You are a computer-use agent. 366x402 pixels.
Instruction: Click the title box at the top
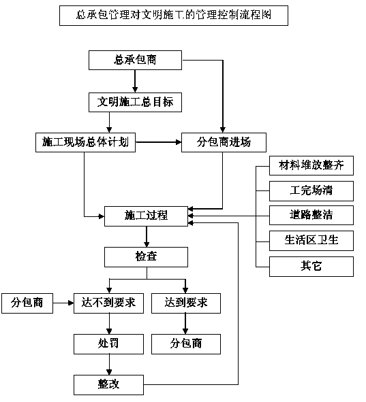[174, 16]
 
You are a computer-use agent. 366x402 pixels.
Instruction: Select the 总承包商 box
[135, 61]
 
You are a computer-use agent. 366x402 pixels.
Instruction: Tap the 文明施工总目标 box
[135, 102]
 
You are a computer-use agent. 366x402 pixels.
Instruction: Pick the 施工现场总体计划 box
[85, 142]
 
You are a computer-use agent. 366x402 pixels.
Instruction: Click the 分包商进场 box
[224, 142]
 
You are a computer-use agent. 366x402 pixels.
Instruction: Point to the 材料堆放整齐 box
[311, 165]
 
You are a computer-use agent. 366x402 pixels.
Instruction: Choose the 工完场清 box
[311, 191]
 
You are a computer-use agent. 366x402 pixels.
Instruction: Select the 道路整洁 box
[311, 216]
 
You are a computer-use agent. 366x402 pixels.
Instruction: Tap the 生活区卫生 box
[311, 241]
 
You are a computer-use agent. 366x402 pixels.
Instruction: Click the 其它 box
[311, 267]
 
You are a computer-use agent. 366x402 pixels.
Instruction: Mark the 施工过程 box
[146, 216]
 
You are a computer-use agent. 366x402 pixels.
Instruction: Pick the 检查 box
[146, 257]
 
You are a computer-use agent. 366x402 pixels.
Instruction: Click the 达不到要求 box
[108, 303]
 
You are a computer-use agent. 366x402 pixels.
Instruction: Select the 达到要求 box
[186, 303]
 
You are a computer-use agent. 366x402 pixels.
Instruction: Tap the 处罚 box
[108, 344]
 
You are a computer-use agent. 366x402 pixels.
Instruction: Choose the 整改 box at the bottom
[108, 385]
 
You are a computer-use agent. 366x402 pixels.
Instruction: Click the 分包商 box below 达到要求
[186, 344]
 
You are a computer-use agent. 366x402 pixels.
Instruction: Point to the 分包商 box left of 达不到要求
[27, 303]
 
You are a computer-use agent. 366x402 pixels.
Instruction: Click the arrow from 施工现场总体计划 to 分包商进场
[159, 142]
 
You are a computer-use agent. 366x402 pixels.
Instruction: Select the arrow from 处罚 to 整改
[109, 365]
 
